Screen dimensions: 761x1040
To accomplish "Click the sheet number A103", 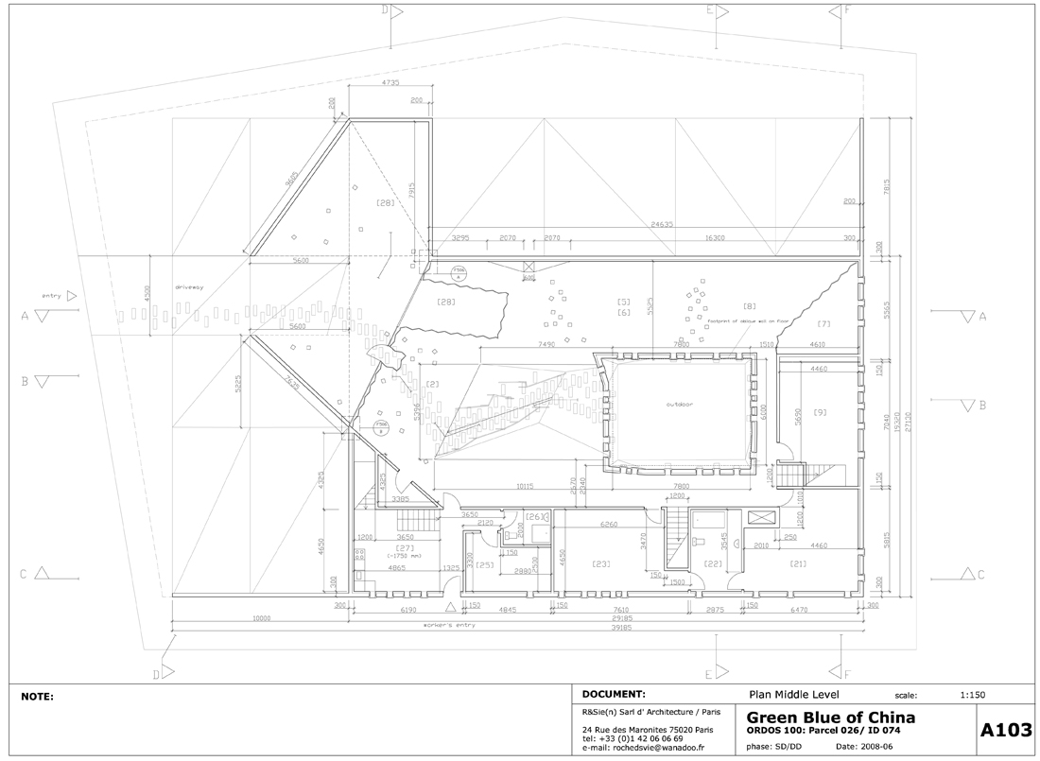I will [x=1005, y=729].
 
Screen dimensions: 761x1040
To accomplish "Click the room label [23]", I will [x=602, y=564].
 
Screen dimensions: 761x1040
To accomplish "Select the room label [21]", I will [x=796, y=564].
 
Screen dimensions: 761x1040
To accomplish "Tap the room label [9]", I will [x=820, y=412].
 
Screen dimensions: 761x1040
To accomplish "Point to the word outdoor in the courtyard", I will [x=679, y=404].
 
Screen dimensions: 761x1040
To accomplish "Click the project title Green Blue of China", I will [x=830, y=718].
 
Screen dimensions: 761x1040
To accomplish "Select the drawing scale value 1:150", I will [x=972, y=695].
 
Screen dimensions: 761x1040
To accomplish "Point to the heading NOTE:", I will [x=38, y=697].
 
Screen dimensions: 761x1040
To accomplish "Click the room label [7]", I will [x=823, y=324].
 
